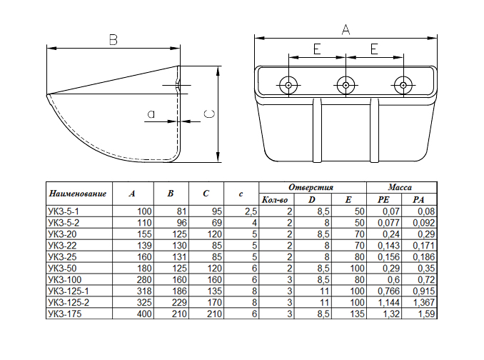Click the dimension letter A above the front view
pyautogui.click(x=346, y=29)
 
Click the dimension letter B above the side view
pyautogui.click(x=114, y=40)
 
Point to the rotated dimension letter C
pyautogui.click(x=210, y=114)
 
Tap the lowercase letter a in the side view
pyautogui.click(x=151, y=114)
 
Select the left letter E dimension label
pyautogui.click(x=317, y=49)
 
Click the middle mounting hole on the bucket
pyautogui.click(x=346, y=85)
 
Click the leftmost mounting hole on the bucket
pyautogui.click(x=288, y=85)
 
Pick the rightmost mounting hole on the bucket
pyautogui.click(x=403, y=85)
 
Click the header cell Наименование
pyautogui.click(x=78, y=194)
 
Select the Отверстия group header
pyautogui.click(x=311, y=187)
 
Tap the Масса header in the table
pyautogui.click(x=400, y=187)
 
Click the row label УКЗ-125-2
pyautogui.click(x=69, y=303)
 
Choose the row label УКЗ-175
pyautogui.click(x=65, y=314)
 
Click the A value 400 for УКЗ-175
pyautogui.click(x=144, y=314)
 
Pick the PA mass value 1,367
pyautogui.click(x=424, y=303)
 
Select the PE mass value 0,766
pyautogui.click(x=389, y=291)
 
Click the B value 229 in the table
pyautogui.click(x=180, y=303)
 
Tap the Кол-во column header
pyautogui.click(x=275, y=200)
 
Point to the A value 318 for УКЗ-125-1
pyautogui.click(x=144, y=291)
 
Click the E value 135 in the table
pyautogui.click(x=358, y=314)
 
